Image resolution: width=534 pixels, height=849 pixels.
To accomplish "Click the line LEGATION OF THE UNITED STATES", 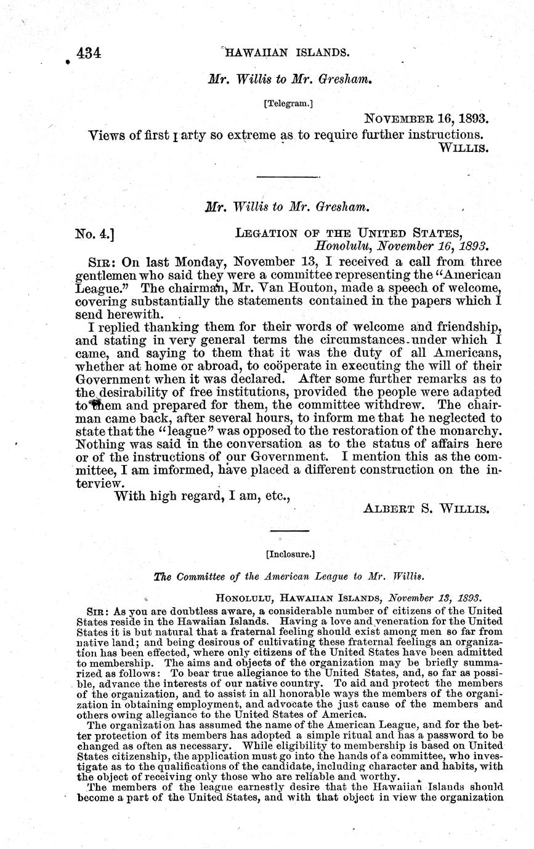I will (x=349, y=233).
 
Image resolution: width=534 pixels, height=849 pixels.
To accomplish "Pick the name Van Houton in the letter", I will (x=261, y=287).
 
